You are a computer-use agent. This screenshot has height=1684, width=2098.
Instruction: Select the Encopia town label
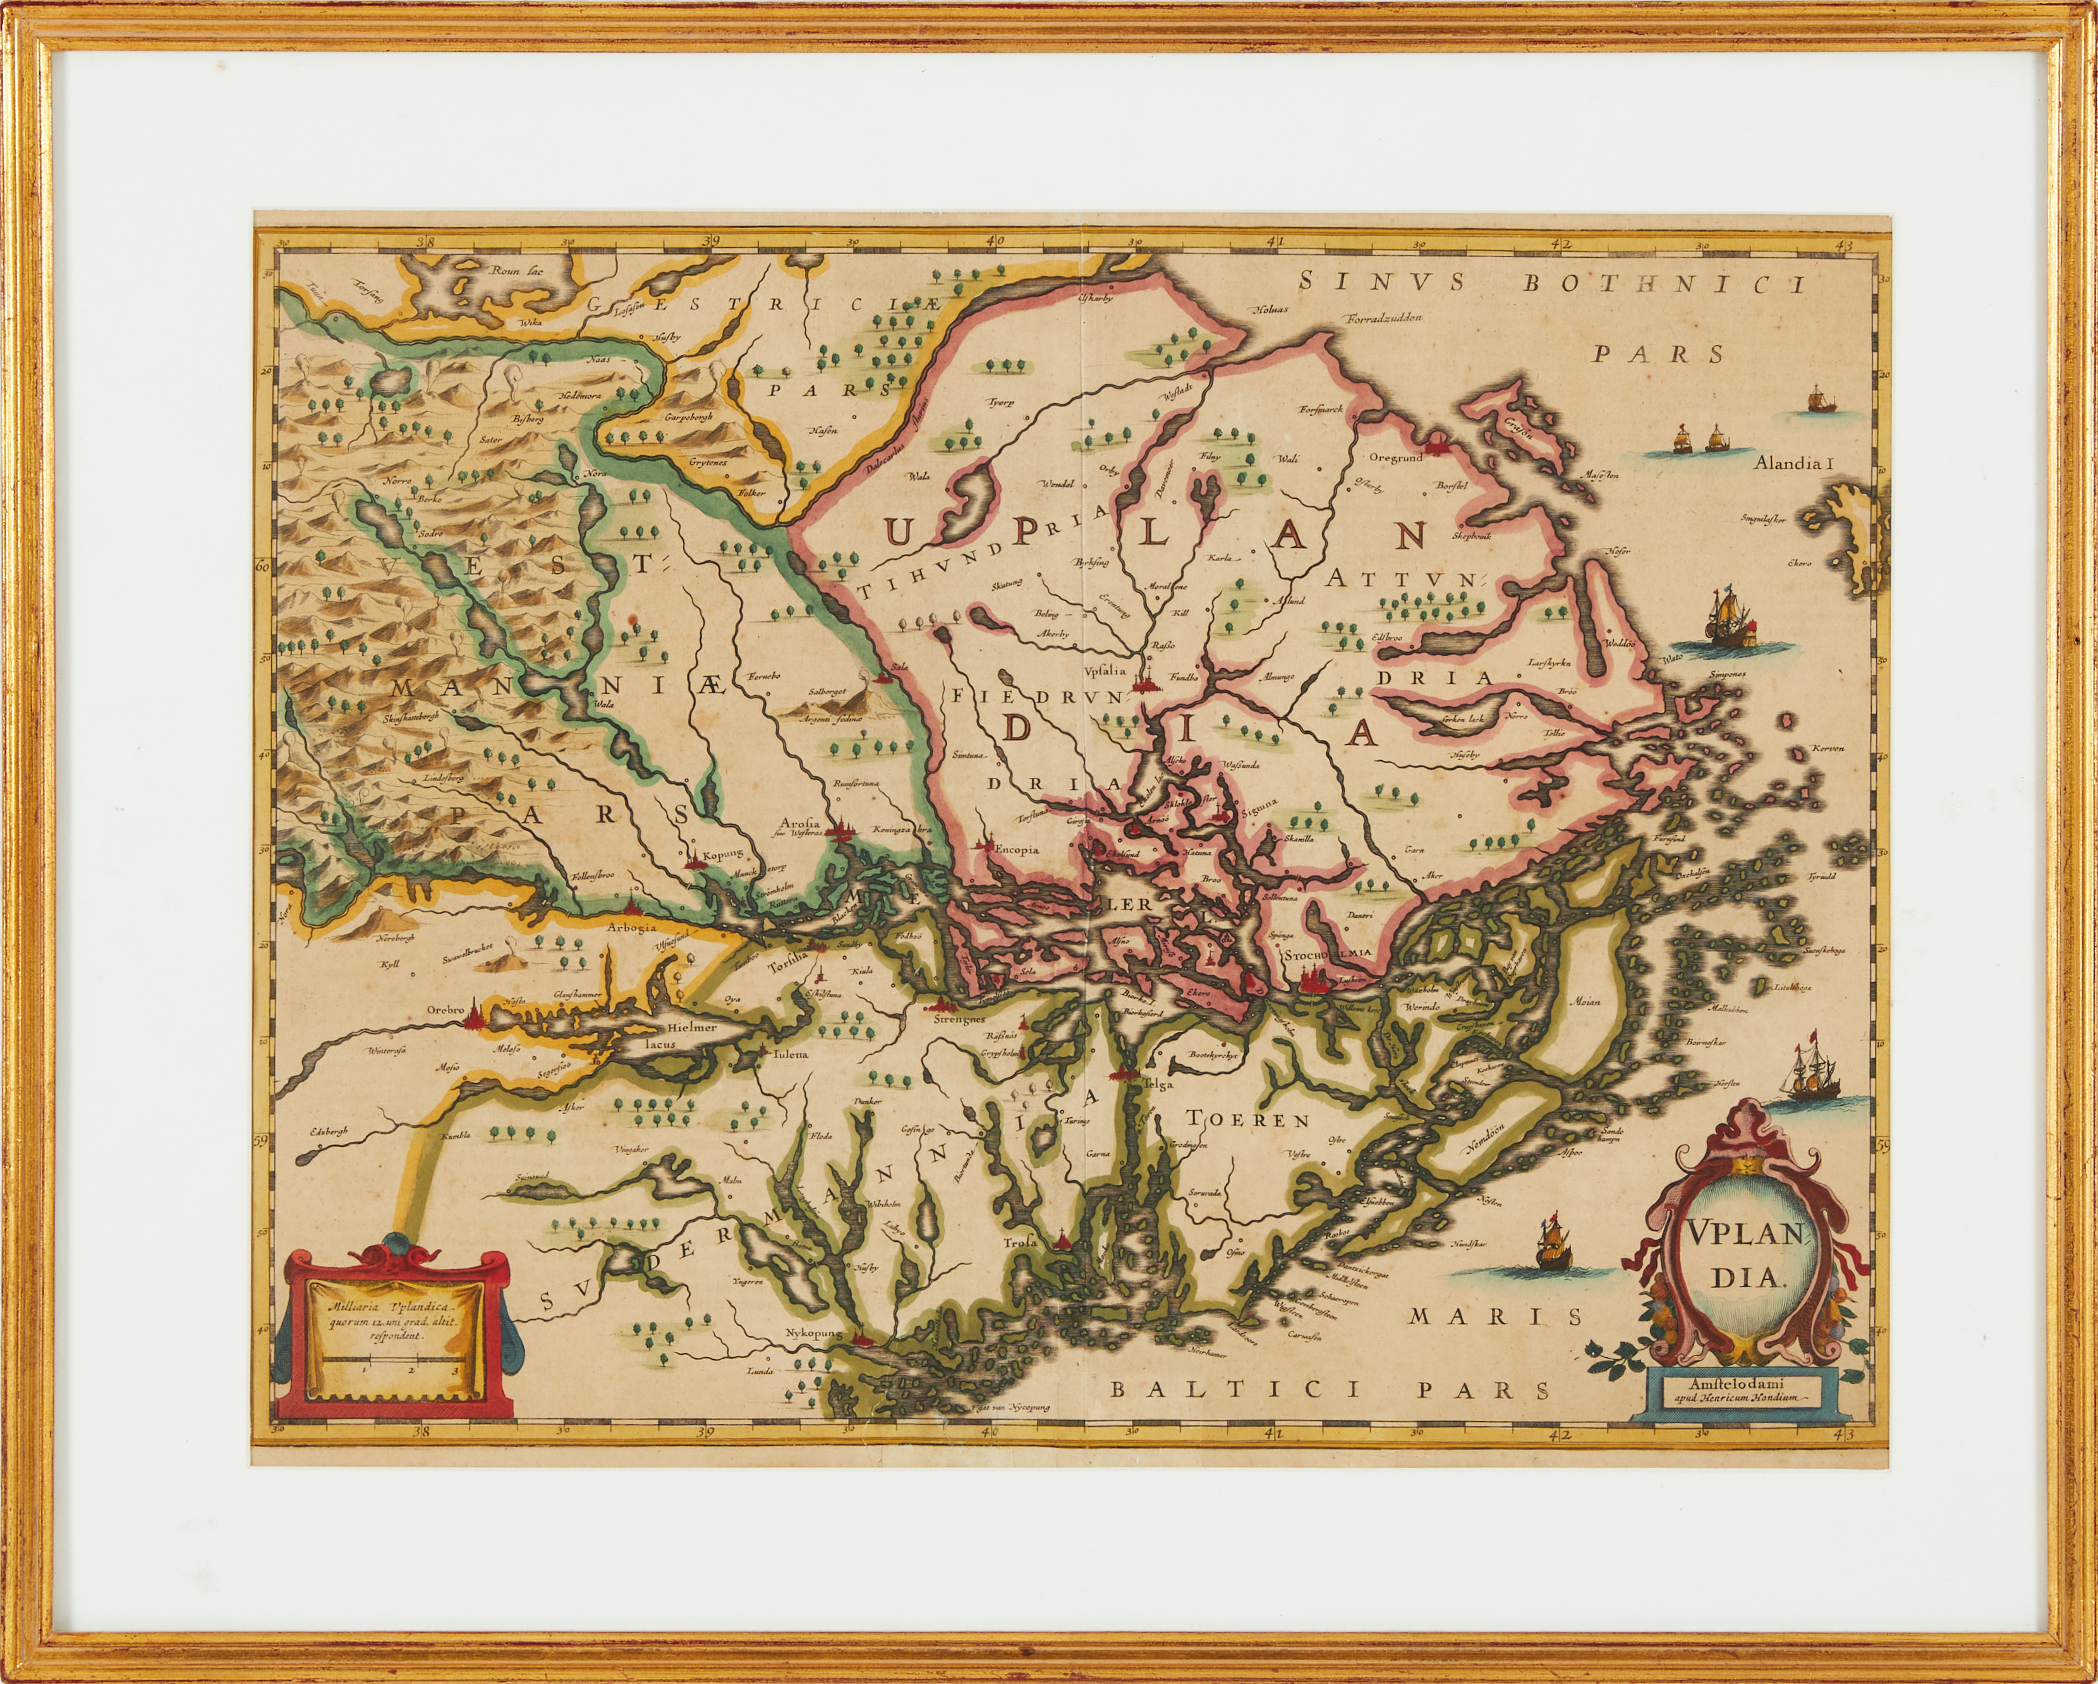1016,849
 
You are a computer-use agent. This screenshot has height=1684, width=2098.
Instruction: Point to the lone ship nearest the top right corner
1816,400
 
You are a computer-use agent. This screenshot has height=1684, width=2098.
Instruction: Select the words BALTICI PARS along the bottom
1329,1390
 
